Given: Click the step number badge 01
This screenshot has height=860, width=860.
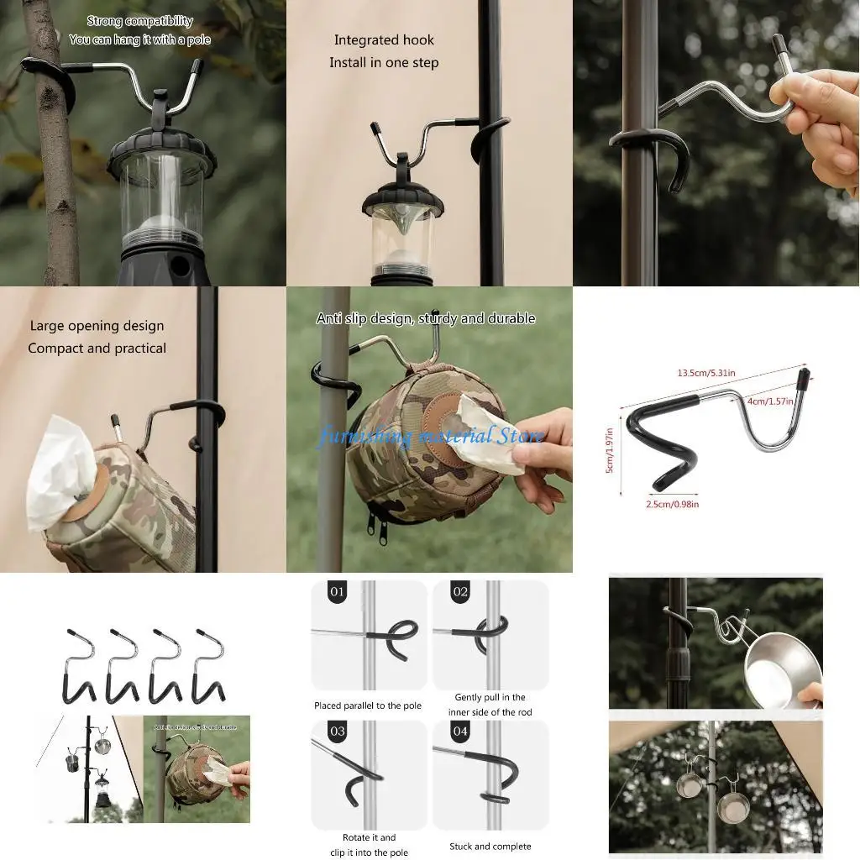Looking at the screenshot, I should pyautogui.click(x=337, y=592).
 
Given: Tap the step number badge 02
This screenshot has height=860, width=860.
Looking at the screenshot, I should pyautogui.click(x=459, y=592).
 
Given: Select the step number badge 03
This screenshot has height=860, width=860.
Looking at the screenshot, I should pyautogui.click(x=337, y=732).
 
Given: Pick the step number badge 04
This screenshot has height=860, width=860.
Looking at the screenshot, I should pyautogui.click(x=459, y=732).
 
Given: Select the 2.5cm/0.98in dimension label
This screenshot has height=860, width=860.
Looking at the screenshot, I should pyautogui.click(x=672, y=504).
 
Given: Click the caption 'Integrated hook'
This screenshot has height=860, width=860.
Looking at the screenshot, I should pyautogui.click(x=384, y=40).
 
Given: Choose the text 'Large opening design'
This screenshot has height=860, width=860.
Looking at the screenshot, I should pyautogui.click(x=97, y=326).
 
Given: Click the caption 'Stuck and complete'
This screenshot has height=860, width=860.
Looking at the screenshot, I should pyautogui.click(x=490, y=847).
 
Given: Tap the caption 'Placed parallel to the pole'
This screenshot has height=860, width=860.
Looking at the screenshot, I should pyautogui.click(x=368, y=706).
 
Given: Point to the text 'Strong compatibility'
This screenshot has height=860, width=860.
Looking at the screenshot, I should pyautogui.click(x=139, y=21).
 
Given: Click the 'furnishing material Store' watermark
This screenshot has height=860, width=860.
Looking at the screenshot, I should pyautogui.click(x=430, y=437).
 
